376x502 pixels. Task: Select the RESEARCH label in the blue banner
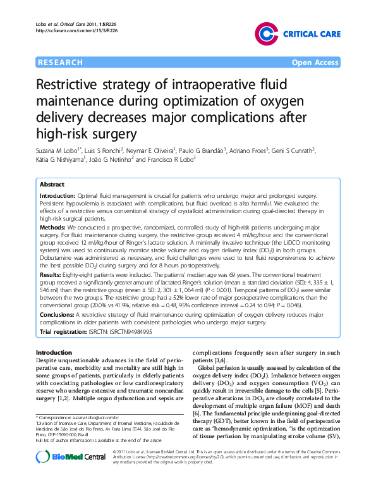61,62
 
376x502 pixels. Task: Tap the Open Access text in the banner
315,62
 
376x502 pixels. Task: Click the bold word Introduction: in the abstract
58,197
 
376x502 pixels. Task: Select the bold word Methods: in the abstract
53,226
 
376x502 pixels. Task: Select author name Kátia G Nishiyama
62,161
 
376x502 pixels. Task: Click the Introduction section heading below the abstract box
54,352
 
